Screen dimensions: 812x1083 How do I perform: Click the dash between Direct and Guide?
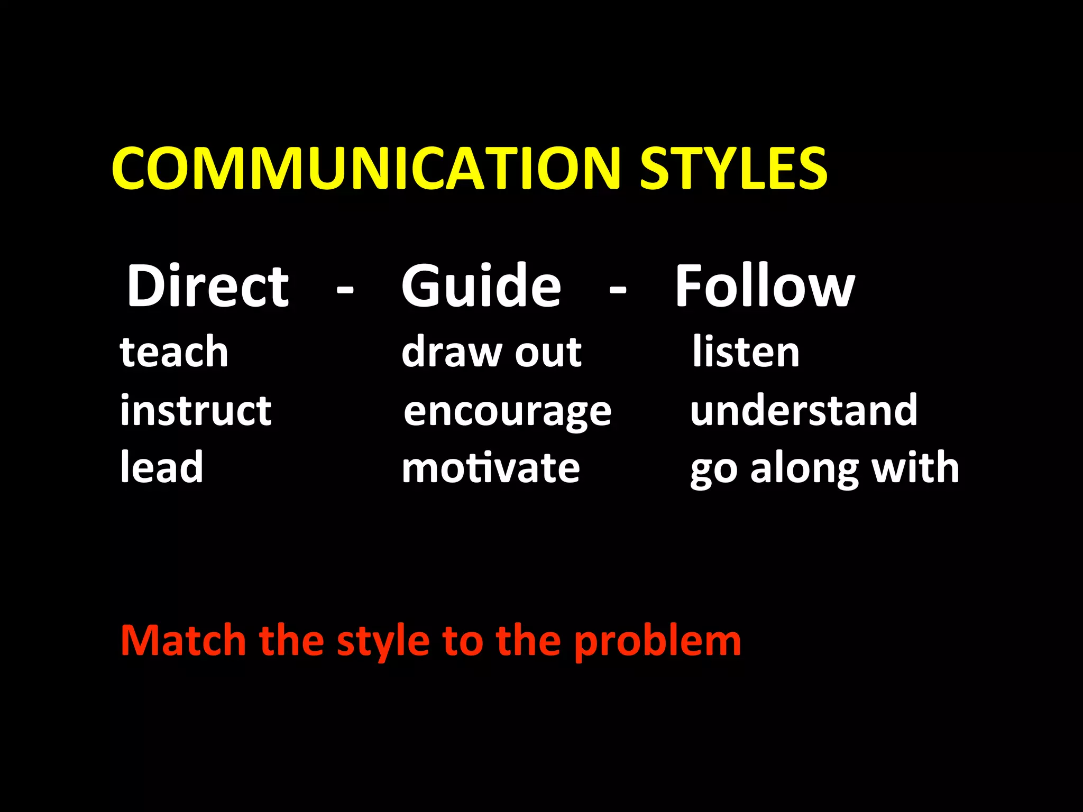(x=345, y=290)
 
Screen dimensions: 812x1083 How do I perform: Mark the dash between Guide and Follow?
(x=618, y=290)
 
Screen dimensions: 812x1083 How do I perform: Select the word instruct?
(x=196, y=410)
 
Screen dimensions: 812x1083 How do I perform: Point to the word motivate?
(x=491, y=468)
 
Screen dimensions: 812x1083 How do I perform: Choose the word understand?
(x=804, y=410)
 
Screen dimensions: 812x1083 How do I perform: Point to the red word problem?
(x=658, y=641)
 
